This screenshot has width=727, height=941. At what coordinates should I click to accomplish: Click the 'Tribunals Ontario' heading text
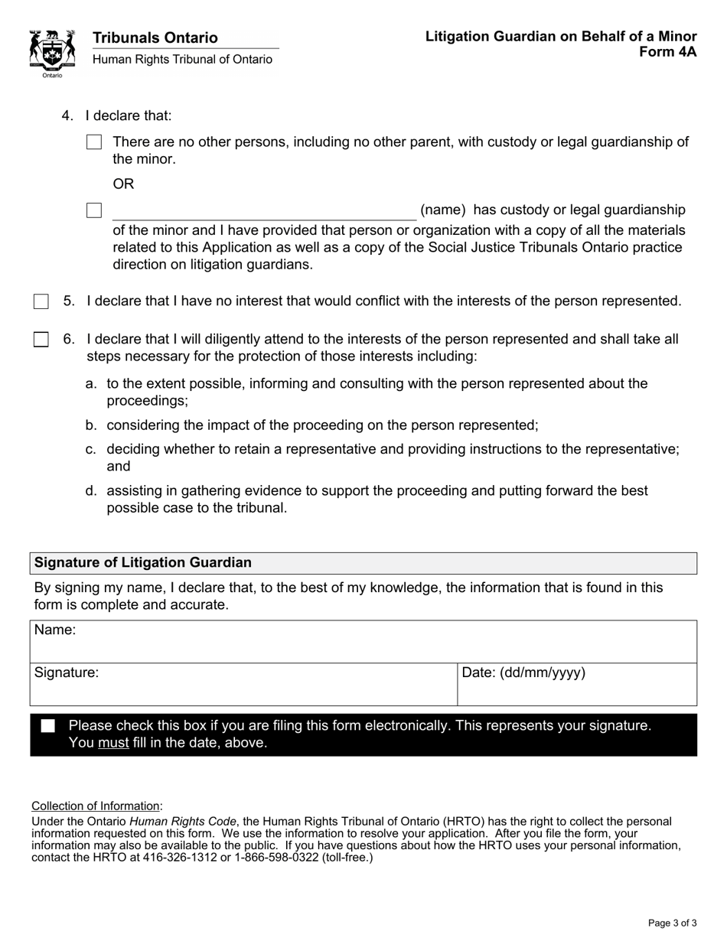pos(155,37)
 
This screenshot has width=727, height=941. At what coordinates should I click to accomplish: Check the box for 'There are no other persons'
pos(94,142)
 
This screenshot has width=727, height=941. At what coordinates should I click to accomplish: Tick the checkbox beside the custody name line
pos(94,210)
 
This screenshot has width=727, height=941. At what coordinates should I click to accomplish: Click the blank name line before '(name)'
pos(264,211)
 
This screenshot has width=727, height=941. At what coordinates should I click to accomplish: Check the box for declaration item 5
pos(41,301)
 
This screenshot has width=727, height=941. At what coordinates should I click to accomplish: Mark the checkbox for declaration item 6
pos(41,339)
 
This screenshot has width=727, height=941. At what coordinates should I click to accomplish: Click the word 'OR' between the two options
pos(123,184)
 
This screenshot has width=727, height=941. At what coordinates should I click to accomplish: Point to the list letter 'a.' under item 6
pos(91,383)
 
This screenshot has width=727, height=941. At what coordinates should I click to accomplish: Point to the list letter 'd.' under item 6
pos(91,490)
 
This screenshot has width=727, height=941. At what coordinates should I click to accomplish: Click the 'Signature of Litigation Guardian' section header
pos(142,562)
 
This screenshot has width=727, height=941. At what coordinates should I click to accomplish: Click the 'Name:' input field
pos(363,642)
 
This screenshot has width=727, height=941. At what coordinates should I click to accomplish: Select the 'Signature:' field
pos(243,685)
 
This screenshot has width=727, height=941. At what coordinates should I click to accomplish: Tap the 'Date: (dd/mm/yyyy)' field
pos(577,685)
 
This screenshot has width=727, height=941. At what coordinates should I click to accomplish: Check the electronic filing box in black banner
pos(48,726)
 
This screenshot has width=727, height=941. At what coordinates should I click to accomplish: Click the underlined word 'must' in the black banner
pos(113,743)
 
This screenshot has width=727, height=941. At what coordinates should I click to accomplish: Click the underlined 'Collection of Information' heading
pos(96,806)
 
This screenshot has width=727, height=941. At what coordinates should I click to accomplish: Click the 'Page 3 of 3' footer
pos(672,923)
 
